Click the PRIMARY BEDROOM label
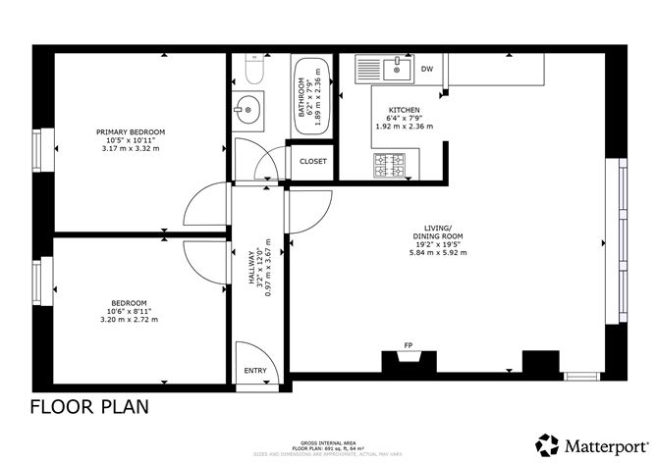(130, 131)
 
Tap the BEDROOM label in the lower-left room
(129, 302)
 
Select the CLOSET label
(313, 162)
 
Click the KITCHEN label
(405, 110)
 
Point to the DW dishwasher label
(427, 70)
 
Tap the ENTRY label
(255, 371)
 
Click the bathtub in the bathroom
(312, 97)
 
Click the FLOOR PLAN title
(89, 406)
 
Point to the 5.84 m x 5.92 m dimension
(437, 253)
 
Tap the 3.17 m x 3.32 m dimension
(130, 148)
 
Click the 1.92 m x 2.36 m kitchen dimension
(405, 127)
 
